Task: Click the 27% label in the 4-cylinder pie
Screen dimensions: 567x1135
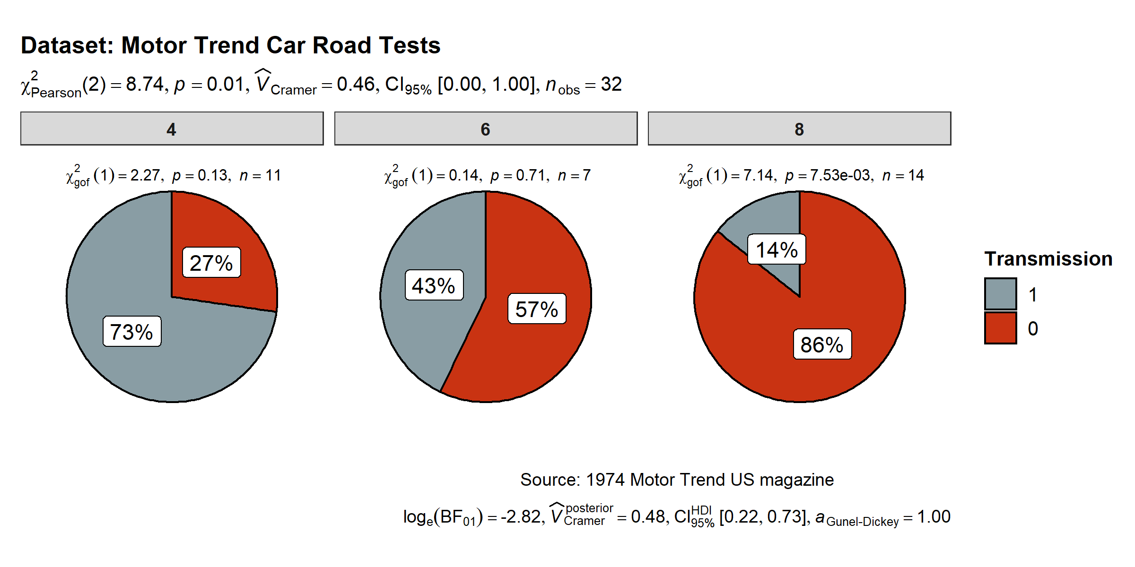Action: click(211, 263)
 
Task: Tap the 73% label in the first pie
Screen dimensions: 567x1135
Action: click(132, 332)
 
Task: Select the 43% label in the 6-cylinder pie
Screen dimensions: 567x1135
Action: click(434, 285)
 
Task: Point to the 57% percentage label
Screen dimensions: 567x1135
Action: click(537, 309)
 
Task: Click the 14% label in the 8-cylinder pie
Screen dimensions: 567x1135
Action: click(777, 249)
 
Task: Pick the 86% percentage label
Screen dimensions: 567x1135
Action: click(822, 344)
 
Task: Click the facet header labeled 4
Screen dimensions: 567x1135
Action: click(172, 129)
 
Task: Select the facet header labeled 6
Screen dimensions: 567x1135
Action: click(486, 129)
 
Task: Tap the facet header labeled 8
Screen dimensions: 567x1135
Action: click(799, 129)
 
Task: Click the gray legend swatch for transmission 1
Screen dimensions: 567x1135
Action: click(1001, 294)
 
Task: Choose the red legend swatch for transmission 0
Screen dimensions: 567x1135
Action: click(1001, 328)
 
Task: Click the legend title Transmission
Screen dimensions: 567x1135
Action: click(1048, 259)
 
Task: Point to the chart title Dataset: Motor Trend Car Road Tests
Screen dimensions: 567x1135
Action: click(231, 46)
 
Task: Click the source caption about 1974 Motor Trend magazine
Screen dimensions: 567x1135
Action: click(677, 480)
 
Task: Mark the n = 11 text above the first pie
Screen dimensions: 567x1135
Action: click(260, 176)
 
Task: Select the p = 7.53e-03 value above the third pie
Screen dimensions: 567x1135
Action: click(828, 176)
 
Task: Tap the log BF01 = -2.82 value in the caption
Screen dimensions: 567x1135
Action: click(473, 517)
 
